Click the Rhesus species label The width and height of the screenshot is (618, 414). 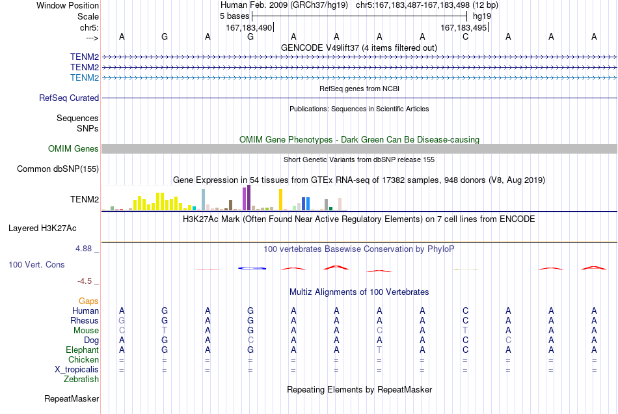coord(85,320)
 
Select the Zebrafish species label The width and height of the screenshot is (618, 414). coord(81,379)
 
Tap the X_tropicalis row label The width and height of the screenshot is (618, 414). coord(77,370)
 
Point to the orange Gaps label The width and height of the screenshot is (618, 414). coord(88,301)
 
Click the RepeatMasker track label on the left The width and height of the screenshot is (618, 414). coord(72,399)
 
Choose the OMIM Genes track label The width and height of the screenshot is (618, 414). coord(74,148)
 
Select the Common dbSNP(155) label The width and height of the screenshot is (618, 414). coord(58,169)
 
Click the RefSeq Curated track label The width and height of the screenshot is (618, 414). coord(69,98)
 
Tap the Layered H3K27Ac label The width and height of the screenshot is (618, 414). coord(42,228)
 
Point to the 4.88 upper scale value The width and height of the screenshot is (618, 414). coord(83,249)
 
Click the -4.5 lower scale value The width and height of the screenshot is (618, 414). coord(85,281)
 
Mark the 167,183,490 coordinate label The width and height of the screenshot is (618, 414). coord(249,28)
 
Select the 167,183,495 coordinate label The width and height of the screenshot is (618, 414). coord(463,28)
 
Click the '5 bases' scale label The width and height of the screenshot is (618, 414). coord(234,16)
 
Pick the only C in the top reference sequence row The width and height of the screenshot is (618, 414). coord(466,36)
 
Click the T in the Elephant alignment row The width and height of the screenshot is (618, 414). coord(379,350)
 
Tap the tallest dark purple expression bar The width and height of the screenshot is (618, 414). coord(249,197)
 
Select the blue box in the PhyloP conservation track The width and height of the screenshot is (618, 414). coord(252,268)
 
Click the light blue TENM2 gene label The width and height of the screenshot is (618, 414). coord(85,77)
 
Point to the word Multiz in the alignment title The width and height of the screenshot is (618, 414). coord(301,292)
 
